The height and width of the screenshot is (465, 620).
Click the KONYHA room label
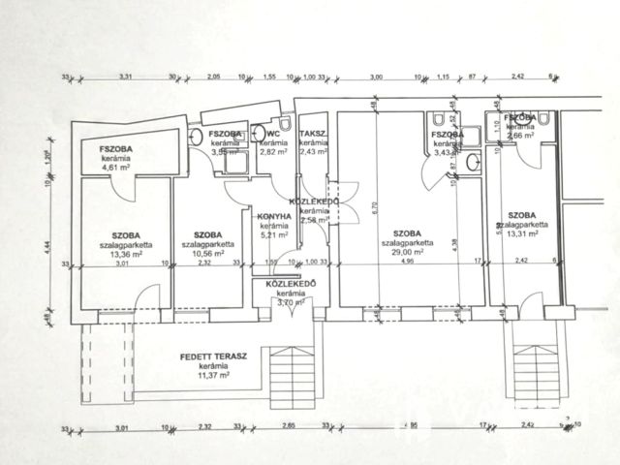click(x=276, y=217)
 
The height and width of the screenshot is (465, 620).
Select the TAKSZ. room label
click(x=313, y=133)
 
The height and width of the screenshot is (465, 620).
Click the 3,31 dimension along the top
click(x=126, y=76)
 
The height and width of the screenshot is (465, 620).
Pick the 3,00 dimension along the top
click(x=377, y=76)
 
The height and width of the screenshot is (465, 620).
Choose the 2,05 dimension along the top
click(x=214, y=76)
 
